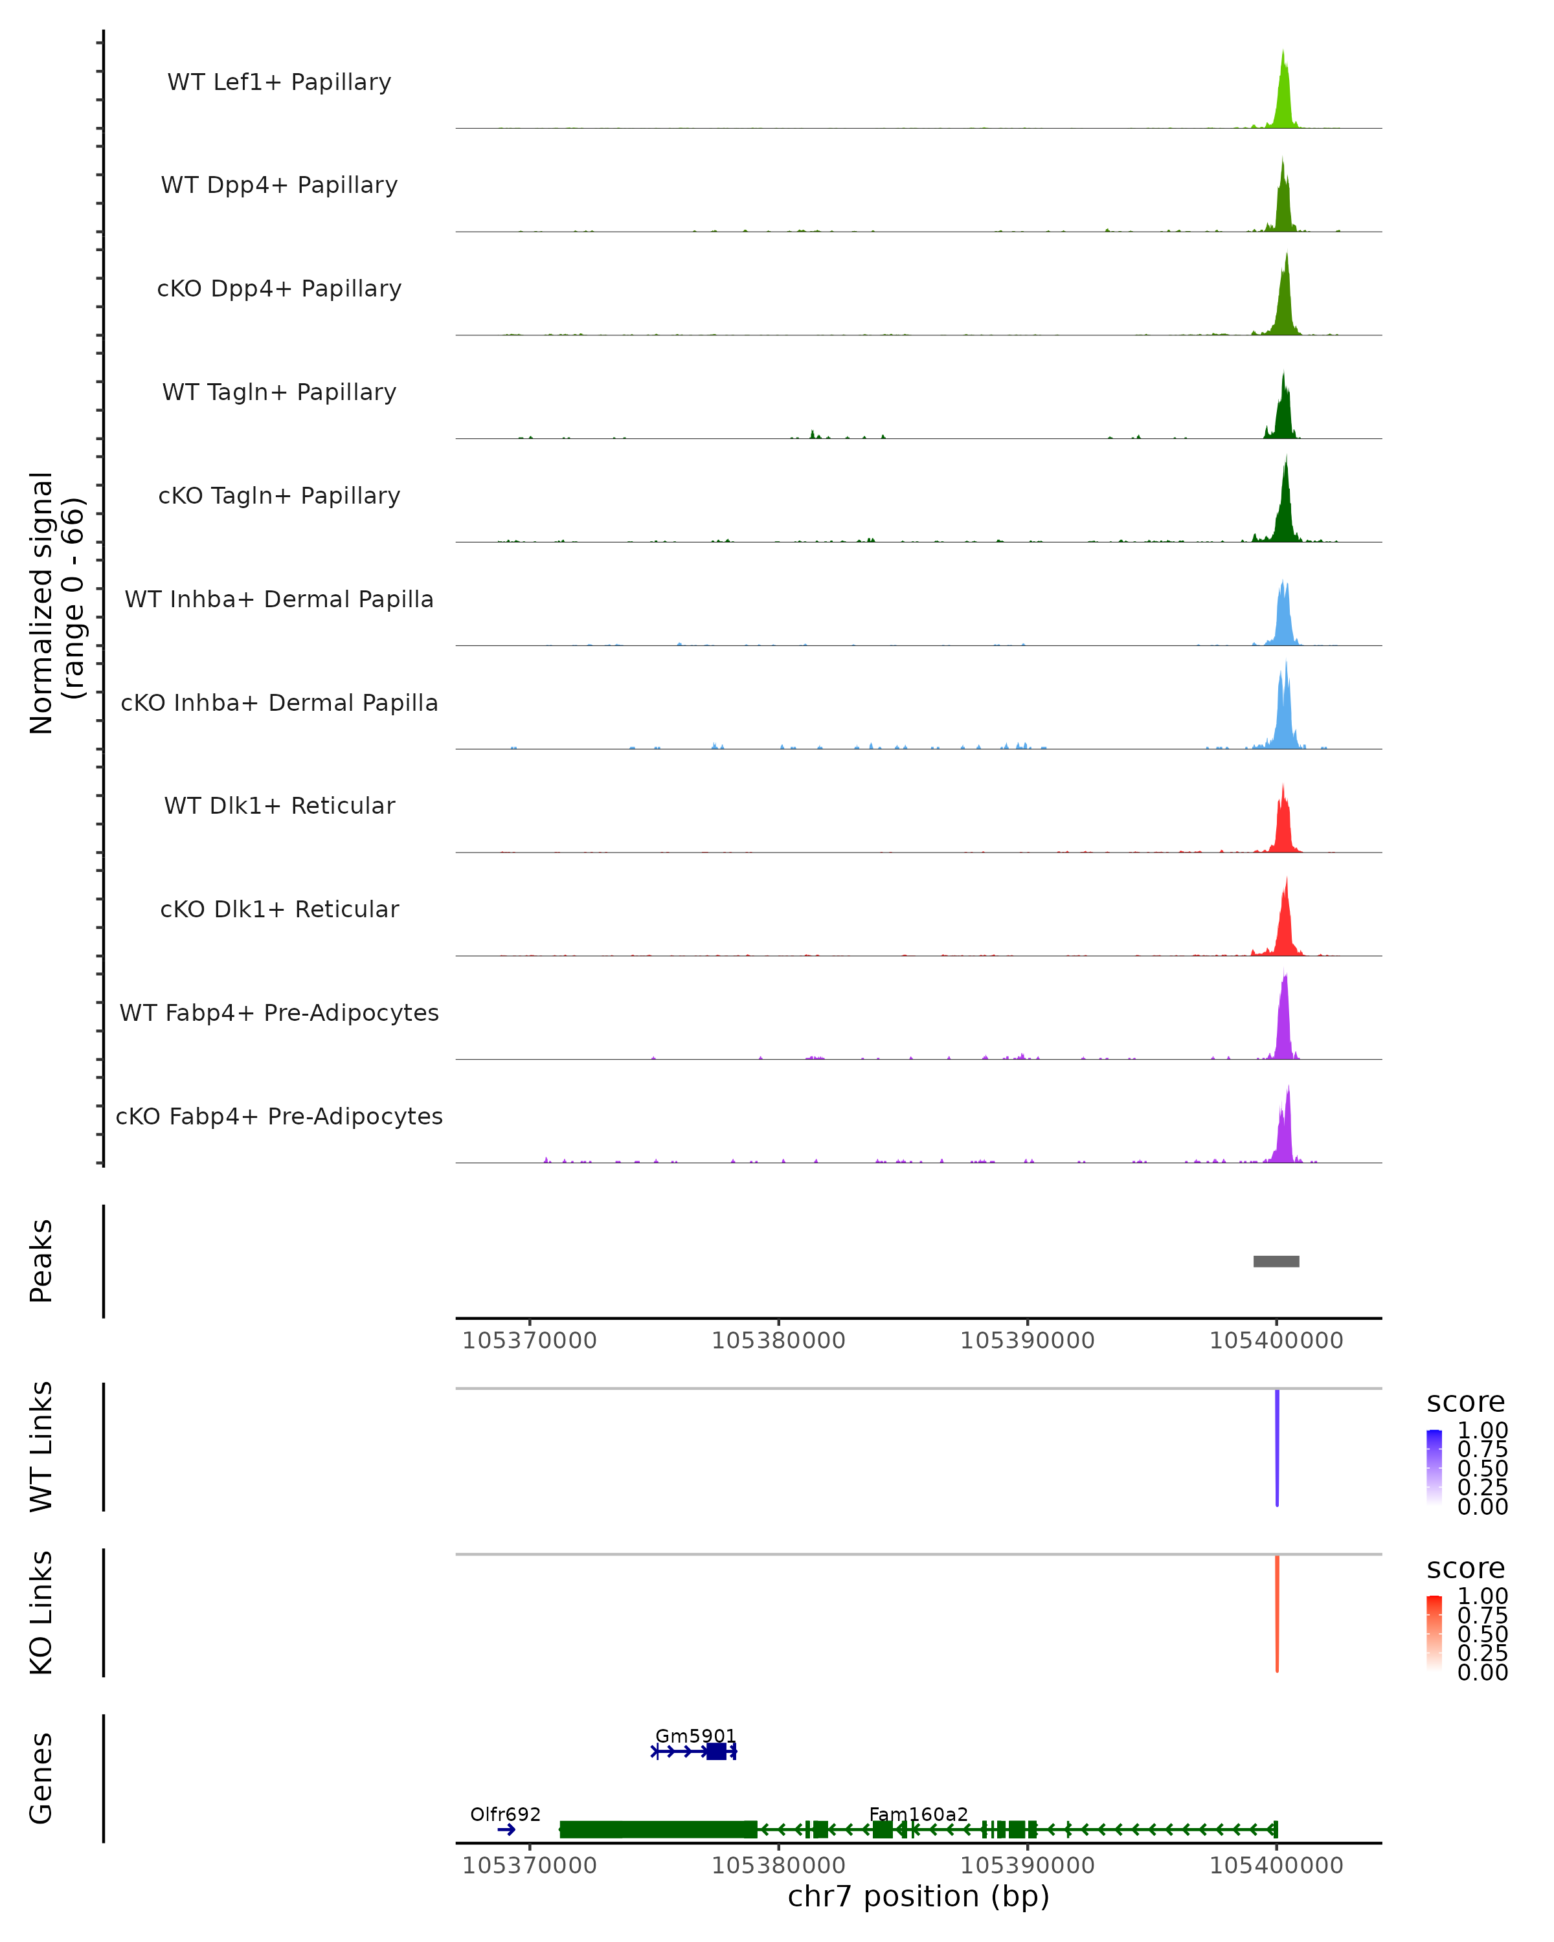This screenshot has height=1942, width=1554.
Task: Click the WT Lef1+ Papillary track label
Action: [x=279, y=82]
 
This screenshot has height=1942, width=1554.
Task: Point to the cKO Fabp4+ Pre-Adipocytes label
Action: [x=279, y=1116]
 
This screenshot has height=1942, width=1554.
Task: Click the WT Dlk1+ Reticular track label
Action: [x=279, y=805]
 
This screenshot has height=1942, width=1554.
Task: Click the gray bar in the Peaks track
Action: [x=1276, y=1261]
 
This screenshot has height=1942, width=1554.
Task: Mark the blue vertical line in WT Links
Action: [x=1276, y=1447]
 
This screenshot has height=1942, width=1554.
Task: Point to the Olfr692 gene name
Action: [x=506, y=1814]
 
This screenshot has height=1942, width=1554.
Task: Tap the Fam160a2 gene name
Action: [x=918, y=1814]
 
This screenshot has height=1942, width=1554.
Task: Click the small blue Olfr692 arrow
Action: [x=506, y=1829]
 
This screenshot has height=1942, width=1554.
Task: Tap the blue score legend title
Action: [x=1465, y=1403]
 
